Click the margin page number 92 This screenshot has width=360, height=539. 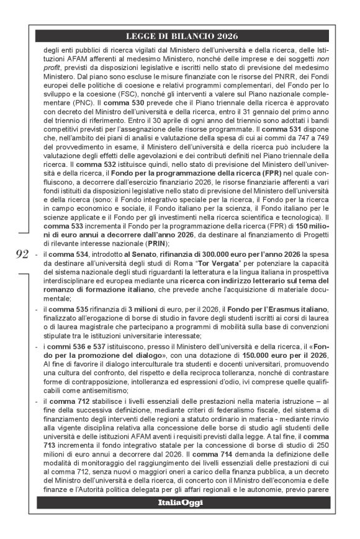(x=22, y=252)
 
